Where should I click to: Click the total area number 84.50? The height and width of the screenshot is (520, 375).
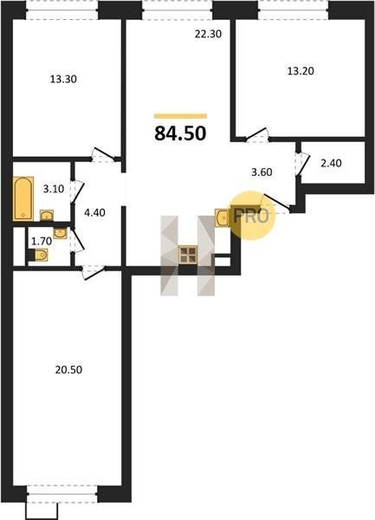pyautogui.click(x=180, y=133)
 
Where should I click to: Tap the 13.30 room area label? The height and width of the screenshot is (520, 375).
pyautogui.click(x=63, y=79)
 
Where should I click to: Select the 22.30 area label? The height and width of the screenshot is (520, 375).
pyautogui.click(x=208, y=34)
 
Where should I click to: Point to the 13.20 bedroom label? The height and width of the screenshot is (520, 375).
pyautogui.click(x=301, y=71)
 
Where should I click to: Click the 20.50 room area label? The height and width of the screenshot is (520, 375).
pyautogui.click(x=68, y=370)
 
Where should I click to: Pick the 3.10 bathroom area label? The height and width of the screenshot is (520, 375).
pyautogui.click(x=54, y=189)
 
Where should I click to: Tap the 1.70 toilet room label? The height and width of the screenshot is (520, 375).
pyautogui.click(x=42, y=241)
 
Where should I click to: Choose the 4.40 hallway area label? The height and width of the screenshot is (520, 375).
pyautogui.click(x=94, y=212)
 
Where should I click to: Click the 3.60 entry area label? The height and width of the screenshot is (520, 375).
pyautogui.click(x=262, y=172)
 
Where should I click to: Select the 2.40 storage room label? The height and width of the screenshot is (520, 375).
pyautogui.click(x=332, y=164)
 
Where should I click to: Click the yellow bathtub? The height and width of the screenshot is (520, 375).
pyautogui.click(x=23, y=198)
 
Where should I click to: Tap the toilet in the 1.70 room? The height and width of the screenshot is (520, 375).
pyautogui.click(x=39, y=255)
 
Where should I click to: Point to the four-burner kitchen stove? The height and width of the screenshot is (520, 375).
pyautogui.click(x=188, y=255)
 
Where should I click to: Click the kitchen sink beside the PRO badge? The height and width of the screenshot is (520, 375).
pyautogui.click(x=223, y=218)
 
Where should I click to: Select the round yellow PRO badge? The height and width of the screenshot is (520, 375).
pyautogui.click(x=253, y=216)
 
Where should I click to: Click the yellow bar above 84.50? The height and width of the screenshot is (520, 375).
pyautogui.click(x=180, y=116)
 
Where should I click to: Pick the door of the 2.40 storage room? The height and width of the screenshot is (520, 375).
pyautogui.click(x=302, y=163)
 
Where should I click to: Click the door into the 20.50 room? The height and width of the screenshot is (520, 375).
pyautogui.click(x=94, y=273)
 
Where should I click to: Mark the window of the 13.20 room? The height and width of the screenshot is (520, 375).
pyautogui.click(x=294, y=10)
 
